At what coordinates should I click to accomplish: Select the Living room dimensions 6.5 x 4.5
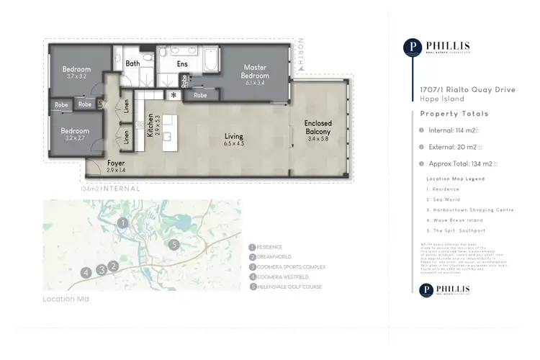(233, 144)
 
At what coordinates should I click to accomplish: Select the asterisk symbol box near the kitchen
(174, 95)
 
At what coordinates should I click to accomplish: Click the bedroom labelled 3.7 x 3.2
(75, 73)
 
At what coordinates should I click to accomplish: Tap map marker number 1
(123, 223)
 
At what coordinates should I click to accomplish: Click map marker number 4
(86, 272)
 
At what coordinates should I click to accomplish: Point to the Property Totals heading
(454, 114)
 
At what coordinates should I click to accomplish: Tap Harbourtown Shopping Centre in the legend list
(460, 209)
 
